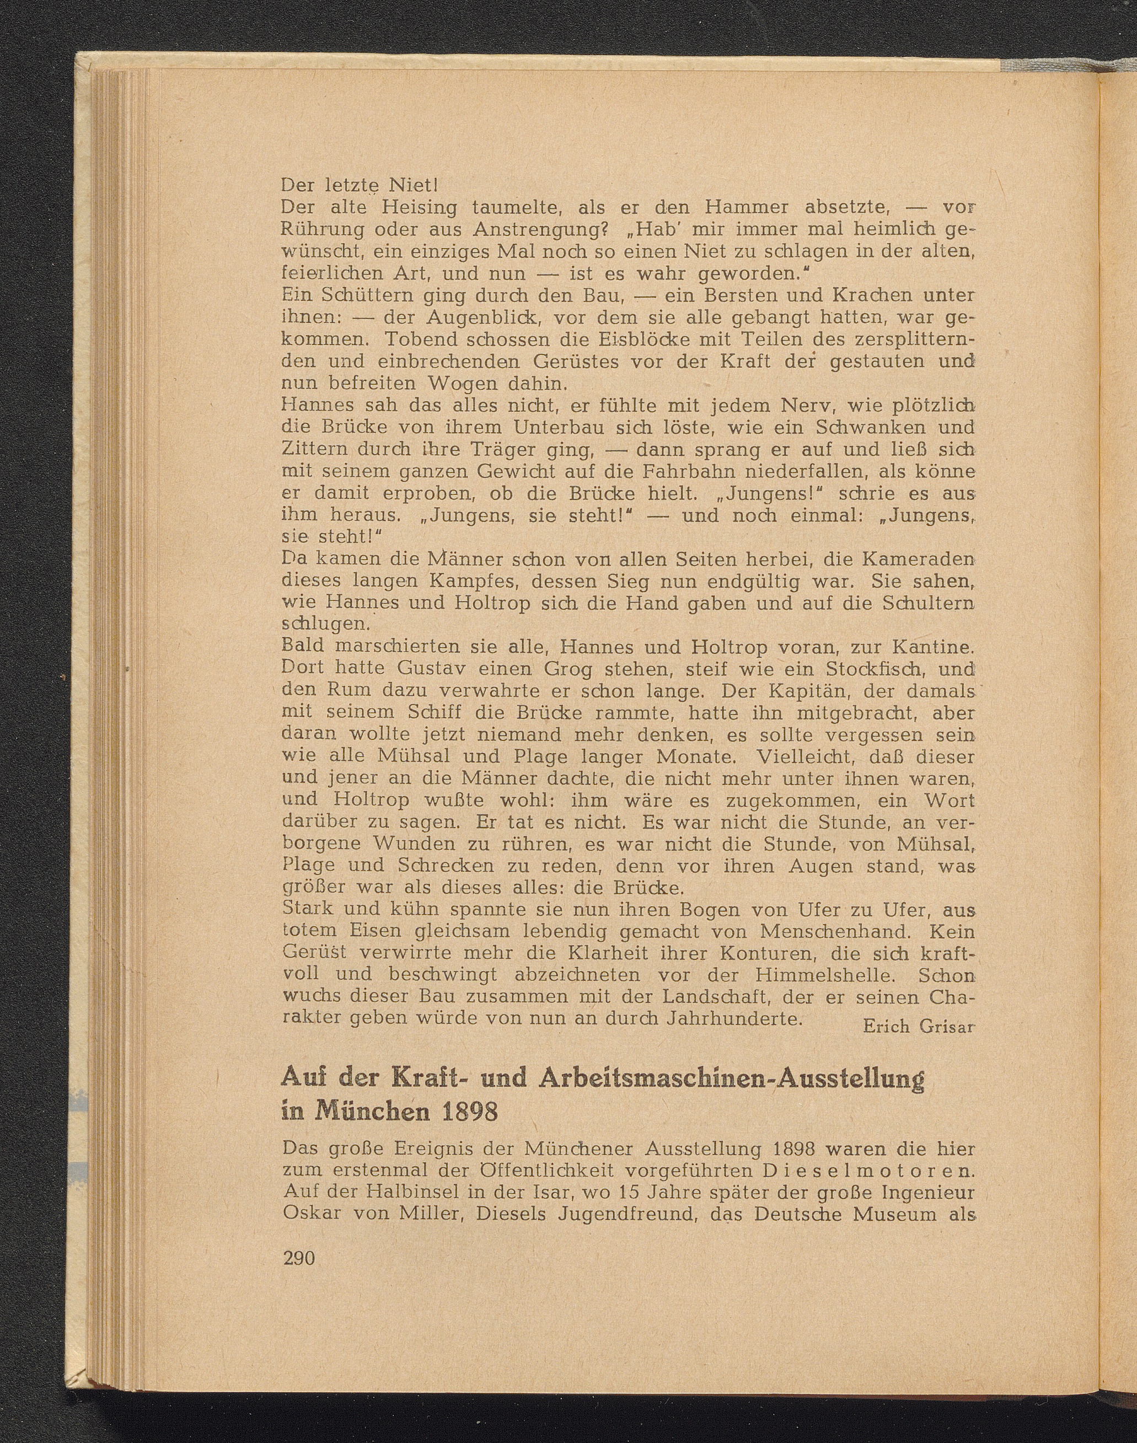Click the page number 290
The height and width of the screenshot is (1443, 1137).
[298, 1258]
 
